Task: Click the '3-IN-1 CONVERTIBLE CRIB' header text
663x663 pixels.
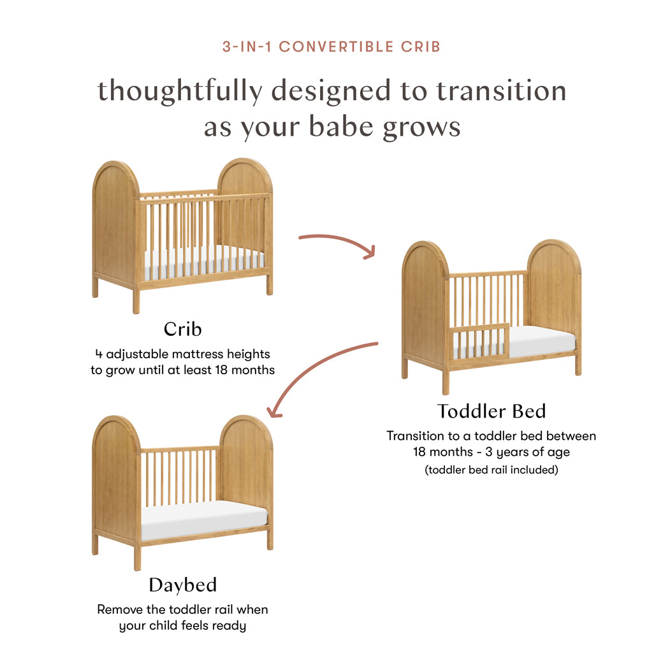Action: [331, 47]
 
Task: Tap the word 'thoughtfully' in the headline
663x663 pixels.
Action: [179, 91]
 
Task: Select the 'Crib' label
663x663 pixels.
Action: [182, 329]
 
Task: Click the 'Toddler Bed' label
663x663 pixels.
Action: [491, 411]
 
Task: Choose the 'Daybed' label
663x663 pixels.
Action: [182, 585]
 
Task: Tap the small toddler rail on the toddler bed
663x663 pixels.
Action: [480, 341]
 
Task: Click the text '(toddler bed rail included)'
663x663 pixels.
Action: [491, 470]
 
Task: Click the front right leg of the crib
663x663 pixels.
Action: [270, 282]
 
